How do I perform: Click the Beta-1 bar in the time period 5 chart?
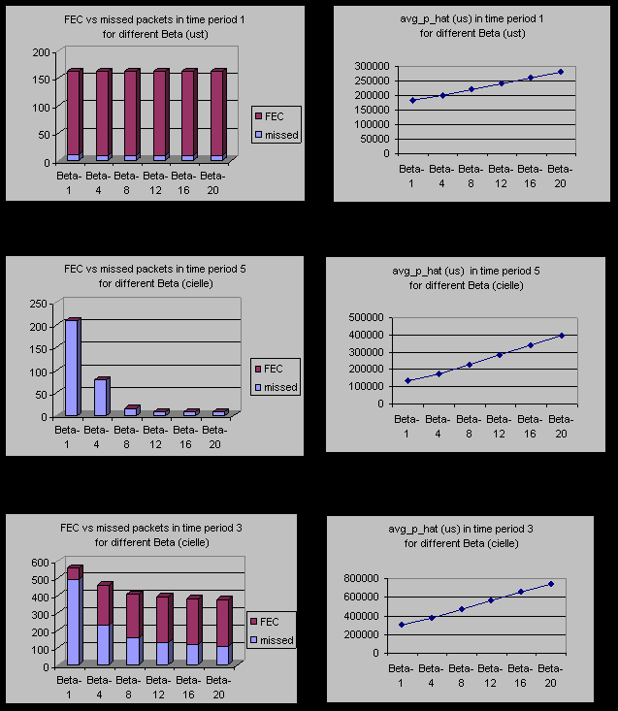[72, 368]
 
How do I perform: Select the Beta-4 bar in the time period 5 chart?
[101, 397]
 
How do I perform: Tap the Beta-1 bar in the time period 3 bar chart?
[73, 616]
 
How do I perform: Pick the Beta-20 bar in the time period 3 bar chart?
[222, 630]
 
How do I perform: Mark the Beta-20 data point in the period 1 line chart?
[560, 71]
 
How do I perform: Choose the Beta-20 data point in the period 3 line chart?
[551, 584]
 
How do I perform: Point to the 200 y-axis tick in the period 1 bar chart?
[40, 51]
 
